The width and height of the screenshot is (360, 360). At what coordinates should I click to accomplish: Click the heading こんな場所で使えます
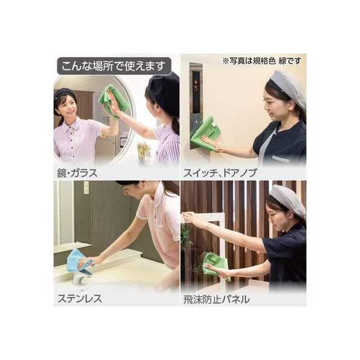[x=114, y=66]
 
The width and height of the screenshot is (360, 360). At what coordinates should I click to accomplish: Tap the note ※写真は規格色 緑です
[x=262, y=61]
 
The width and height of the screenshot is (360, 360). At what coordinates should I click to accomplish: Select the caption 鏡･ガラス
[x=78, y=173]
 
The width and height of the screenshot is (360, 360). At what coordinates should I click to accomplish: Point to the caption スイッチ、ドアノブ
[x=220, y=173]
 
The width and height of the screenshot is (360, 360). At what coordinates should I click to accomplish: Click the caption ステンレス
[x=79, y=299]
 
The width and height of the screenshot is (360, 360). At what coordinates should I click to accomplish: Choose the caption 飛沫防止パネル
[x=216, y=299]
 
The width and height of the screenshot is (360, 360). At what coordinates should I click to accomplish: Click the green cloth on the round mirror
[x=113, y=101]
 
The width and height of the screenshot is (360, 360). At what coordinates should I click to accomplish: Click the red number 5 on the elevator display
[x=196, y=88]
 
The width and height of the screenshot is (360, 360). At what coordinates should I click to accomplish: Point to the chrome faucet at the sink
[x=78, y=278]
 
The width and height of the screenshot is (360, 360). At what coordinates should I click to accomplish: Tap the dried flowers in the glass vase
[x=144, y=152]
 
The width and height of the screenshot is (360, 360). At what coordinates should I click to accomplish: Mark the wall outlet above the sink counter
[x=86, y=188]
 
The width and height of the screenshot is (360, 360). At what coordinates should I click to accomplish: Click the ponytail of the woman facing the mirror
[x=175, y=125]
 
